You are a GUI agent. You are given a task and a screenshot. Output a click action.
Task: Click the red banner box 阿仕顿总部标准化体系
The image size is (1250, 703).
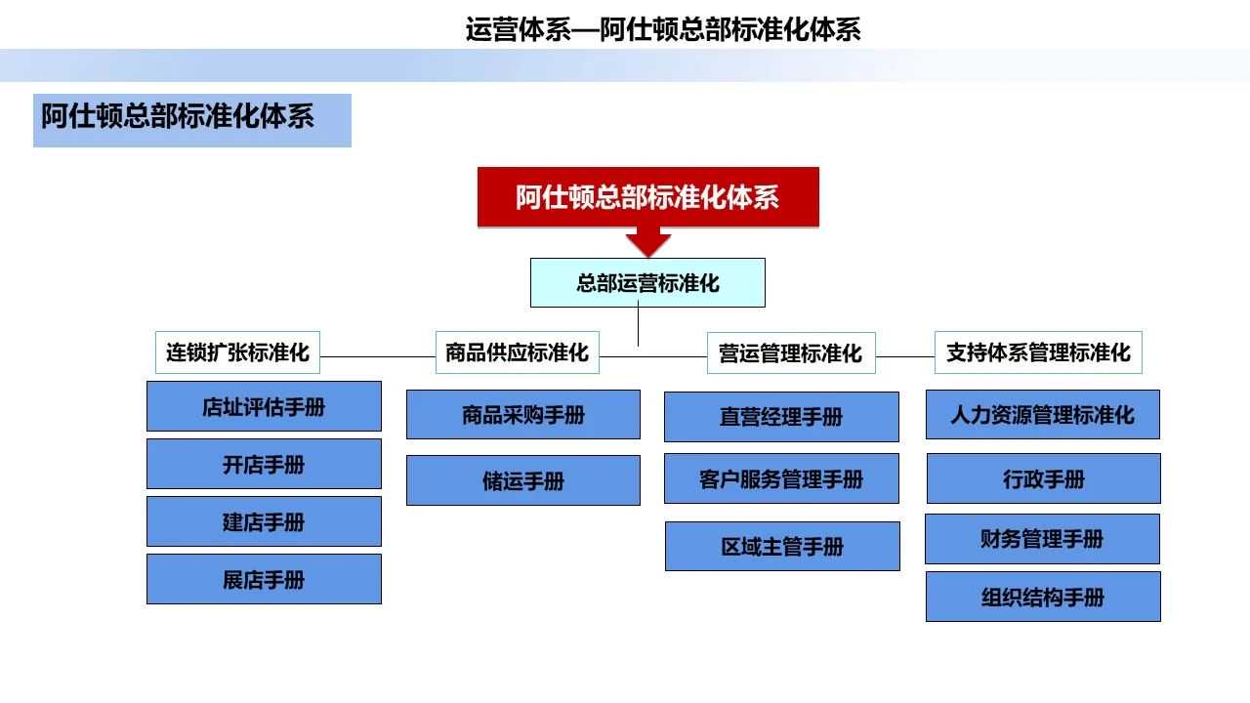point(647,197)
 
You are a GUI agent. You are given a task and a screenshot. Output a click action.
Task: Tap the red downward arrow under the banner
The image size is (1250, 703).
point(647,242)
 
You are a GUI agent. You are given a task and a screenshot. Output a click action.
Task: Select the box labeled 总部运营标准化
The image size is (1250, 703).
point(647,283)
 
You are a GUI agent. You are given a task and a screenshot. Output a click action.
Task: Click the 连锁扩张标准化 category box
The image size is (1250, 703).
point(237,352)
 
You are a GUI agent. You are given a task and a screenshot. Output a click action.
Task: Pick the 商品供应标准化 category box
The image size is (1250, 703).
point(517,352)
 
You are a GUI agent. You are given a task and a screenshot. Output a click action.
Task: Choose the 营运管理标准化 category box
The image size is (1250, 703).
point(790,353)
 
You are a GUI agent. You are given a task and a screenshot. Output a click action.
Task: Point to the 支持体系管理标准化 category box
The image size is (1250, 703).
point(1038,352)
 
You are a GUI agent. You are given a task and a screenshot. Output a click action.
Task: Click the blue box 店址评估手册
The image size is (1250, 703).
point(264,406)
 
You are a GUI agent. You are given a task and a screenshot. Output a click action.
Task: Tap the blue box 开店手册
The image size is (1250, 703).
point(264,464)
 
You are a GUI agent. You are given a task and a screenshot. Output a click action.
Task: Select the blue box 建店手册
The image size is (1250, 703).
point(264,521)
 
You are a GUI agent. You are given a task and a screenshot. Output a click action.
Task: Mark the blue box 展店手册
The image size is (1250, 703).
point(264,579)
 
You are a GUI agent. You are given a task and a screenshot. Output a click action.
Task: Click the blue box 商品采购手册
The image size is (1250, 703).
point(523,415)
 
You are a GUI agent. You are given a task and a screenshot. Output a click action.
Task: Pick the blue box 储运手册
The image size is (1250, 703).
point(523,480)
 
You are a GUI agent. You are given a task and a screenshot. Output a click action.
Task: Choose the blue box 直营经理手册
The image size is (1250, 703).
point(781,417)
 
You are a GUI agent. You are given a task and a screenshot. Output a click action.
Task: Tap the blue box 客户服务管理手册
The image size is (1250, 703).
point(781,478)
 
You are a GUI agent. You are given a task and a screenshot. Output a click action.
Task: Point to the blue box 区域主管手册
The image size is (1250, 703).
point(782,546)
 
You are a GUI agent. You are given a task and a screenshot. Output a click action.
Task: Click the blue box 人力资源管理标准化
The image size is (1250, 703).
point(1043,415)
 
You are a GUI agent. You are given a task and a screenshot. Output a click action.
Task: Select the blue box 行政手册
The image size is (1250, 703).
point(1043,478)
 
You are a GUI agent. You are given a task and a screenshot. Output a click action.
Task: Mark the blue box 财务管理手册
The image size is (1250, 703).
point(1042,539)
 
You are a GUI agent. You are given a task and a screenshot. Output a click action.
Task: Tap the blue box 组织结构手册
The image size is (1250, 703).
point(1043,597)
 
